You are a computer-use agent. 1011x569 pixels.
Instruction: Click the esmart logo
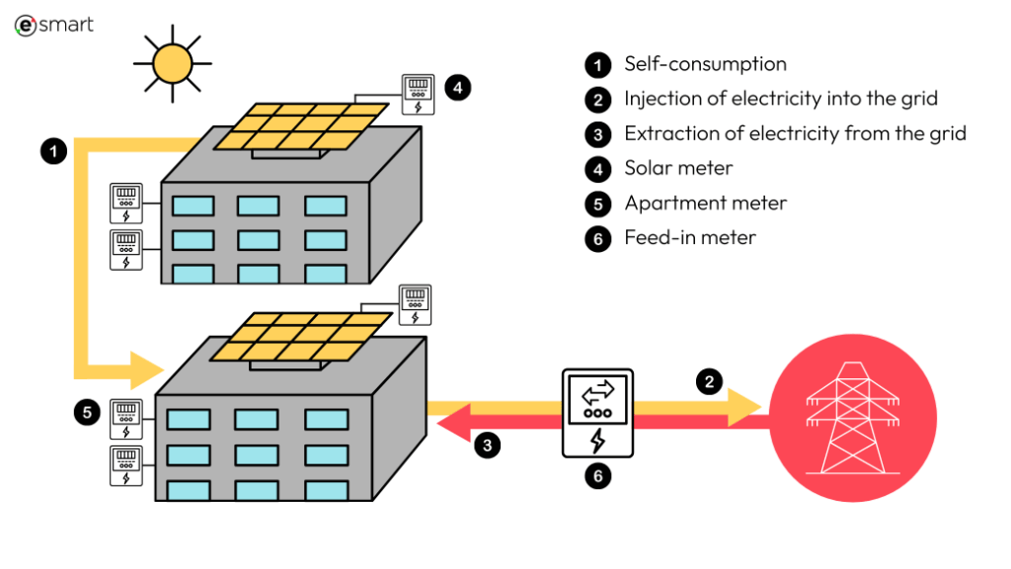pos(54,25)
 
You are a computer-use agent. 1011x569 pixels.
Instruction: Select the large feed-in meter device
pos(596,413)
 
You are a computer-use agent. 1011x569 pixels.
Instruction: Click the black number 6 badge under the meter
pos(596,476)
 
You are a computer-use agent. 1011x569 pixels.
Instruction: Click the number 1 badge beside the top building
pos(53,151)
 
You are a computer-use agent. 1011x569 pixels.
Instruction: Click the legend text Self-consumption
pos(705,64)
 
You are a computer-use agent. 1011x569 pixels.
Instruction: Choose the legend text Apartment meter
pos(705,203)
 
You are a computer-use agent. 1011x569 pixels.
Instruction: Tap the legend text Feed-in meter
pos(690,238)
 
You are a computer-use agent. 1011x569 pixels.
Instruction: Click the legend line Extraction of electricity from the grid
pos(795,133)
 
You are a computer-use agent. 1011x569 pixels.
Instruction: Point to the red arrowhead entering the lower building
pos(451,426)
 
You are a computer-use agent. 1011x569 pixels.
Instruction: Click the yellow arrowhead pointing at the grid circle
pos(744,407)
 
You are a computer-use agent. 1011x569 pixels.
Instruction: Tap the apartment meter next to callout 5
pos(124,418)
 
